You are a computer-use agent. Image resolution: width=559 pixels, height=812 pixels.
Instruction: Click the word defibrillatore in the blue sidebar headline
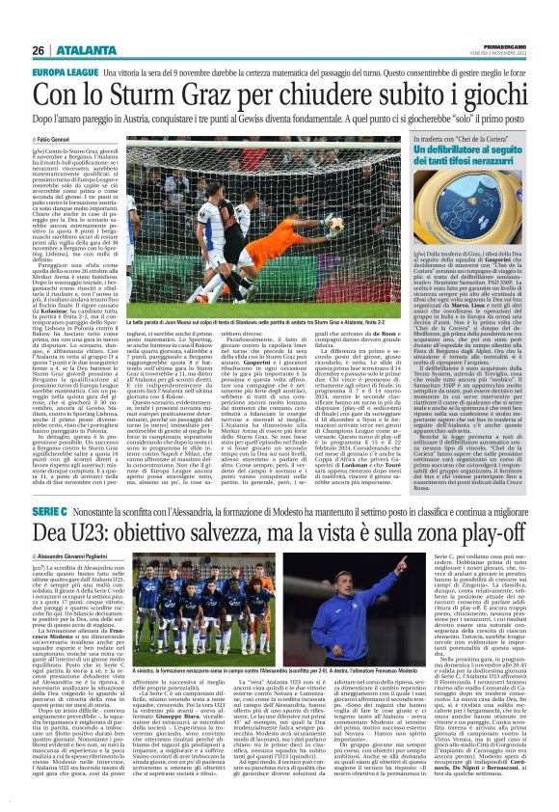click(x=459, y=150)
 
